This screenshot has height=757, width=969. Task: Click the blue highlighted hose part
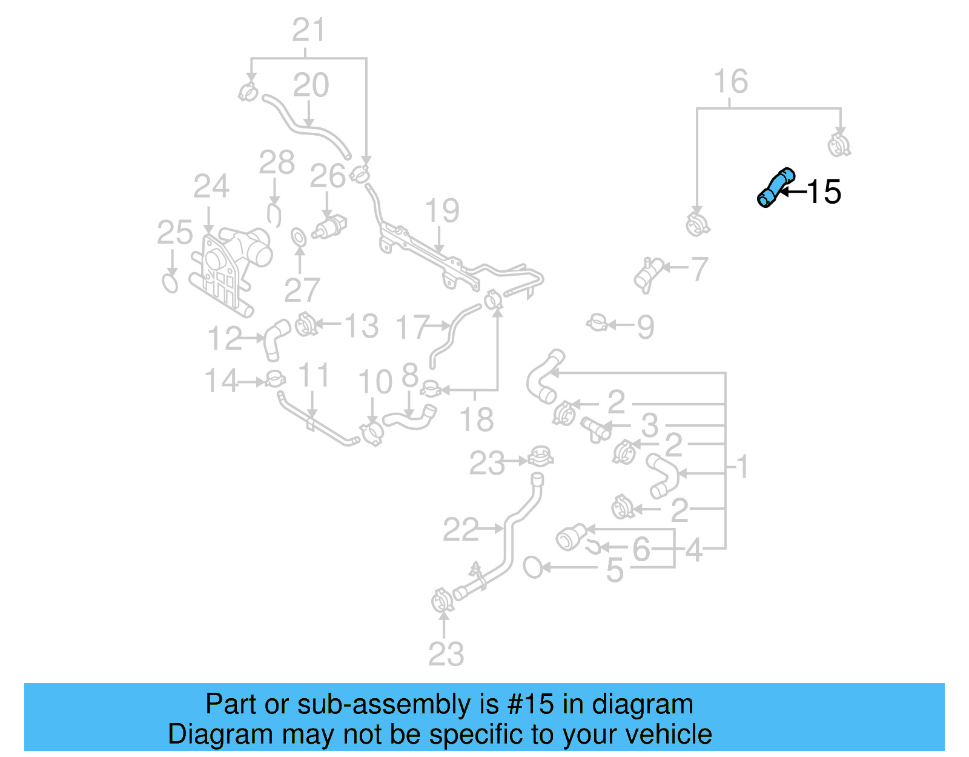click(x=775, y=187)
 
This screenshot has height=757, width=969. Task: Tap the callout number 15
click(x=824, y=192)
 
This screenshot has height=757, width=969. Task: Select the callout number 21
click(x=309, y=30)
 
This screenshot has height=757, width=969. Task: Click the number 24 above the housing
click(x=211, y=187)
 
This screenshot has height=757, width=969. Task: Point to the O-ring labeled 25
click(x=171, y=283)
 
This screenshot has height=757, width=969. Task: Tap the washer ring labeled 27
click(x=299, y=238)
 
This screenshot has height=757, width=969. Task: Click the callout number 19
click(x=442, y=211)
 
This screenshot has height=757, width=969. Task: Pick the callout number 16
click(x=730, y=82)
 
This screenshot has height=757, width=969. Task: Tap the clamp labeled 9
click(x=598, y=323)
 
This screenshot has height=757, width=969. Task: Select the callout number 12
click(x=225, y=338)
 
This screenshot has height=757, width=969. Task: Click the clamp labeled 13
click(x=306, y=325)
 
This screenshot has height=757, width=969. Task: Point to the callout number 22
click(x=461, y=530)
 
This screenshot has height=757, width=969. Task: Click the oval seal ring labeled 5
click(x=533, y=567)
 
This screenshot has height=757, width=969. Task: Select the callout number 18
click(x=477, y=419)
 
